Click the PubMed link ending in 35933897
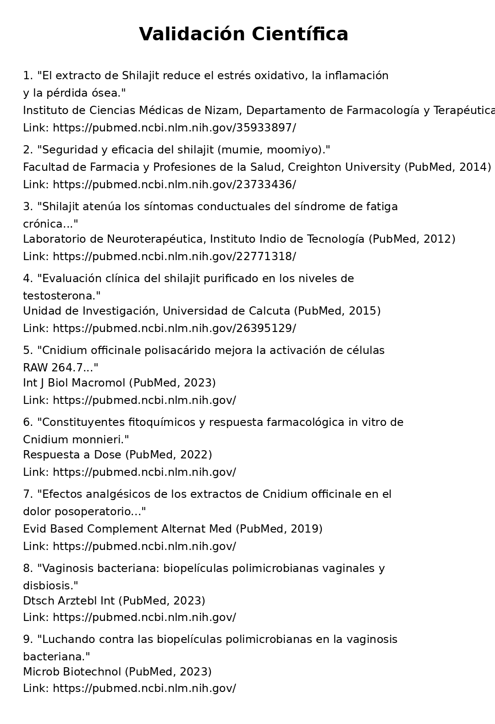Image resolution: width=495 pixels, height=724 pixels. [174, 128]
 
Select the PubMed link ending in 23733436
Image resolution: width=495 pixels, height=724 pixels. [174, 185]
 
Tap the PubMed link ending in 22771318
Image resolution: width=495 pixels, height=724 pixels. [174, 256]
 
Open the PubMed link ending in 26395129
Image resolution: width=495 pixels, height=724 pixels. [174, 328]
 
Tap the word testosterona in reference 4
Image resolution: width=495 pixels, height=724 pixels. [60, 296]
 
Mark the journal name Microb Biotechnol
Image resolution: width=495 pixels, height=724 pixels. [72, 672]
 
